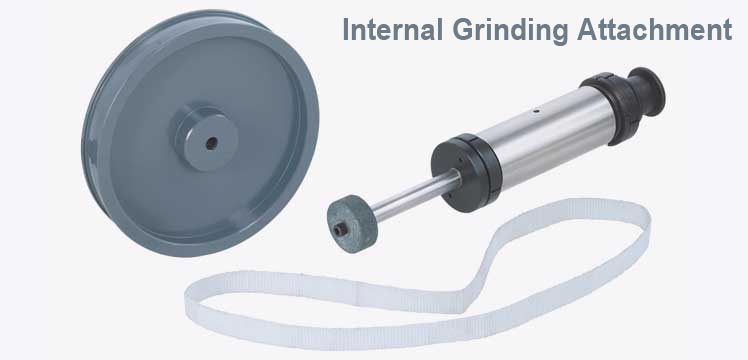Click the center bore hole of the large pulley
click(x=210, y=142)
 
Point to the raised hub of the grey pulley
click(x=200, y=142)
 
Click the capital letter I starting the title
click(x=346, y=30)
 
